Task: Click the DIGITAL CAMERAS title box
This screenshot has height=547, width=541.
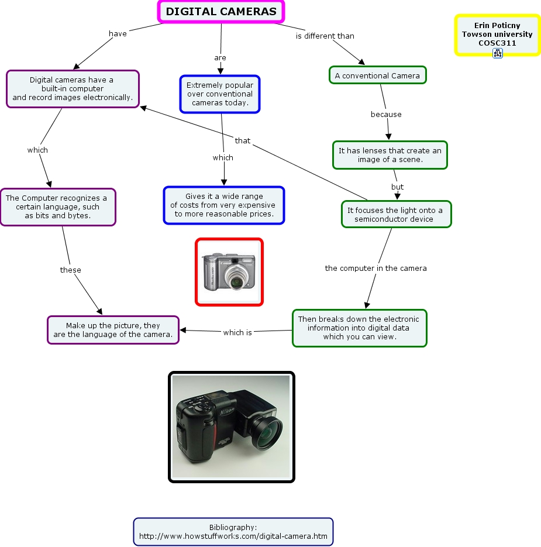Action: [221, 12]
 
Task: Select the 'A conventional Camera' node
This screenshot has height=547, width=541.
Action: [377, 75]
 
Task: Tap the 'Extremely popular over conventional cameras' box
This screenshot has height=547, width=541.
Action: [220, 94]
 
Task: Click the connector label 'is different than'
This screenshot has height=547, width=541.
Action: [325, 36]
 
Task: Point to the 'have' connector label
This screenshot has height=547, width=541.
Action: [118, 33]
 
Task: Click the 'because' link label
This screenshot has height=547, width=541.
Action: [386, 114]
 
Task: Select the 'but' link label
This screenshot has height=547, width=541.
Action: [398, 187]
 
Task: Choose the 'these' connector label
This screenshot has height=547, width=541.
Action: [71, 270]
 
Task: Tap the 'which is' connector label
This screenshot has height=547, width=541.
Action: [237, 332]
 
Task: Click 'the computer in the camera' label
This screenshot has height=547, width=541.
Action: [376, 268]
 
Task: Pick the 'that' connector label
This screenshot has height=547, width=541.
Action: [243, 140]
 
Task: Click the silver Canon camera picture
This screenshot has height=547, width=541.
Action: [229, 272]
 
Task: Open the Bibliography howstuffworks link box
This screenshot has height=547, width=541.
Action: [233, 532]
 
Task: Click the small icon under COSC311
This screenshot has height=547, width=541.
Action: [498, 53]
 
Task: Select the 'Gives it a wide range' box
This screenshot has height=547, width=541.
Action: [224, 205]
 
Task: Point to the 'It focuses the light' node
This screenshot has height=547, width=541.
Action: [396, 215]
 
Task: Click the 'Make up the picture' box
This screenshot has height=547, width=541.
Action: [113, 330]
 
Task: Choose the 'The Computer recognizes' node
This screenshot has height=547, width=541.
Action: [57, 207]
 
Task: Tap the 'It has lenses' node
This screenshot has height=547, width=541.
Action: [390, 155]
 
